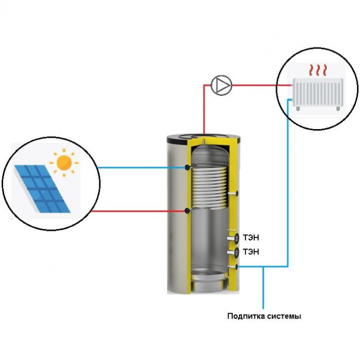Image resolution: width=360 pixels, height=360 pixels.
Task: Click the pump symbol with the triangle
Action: click(221, 85)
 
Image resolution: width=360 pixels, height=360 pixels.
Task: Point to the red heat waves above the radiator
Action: click(317, 70)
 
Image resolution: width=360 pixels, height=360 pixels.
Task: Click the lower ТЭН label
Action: click(251, 252)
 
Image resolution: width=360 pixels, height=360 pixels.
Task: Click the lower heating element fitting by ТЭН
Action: click(233, 252)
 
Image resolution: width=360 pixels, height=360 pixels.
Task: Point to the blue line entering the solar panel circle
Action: click(135, 167)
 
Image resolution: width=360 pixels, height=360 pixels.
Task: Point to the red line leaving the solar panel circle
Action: click(135, 211)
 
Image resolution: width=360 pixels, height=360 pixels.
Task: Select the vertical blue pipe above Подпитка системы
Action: click(264, 288)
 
